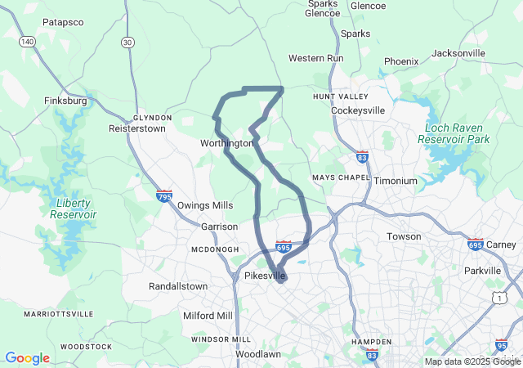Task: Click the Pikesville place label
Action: point(265,276)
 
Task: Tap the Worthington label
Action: point(226,143)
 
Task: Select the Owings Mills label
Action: point(205,205)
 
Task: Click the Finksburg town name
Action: point(65,101)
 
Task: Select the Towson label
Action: point(404,236)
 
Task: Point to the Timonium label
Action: point(396,181)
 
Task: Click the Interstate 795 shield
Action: point(164,196)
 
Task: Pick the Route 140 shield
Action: point(28,41)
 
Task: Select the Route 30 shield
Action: point(127,43)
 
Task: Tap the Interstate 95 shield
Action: point(501,346)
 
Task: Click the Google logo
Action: point(27,358)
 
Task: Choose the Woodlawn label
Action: point(258,354)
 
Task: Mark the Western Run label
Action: point(317,59)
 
